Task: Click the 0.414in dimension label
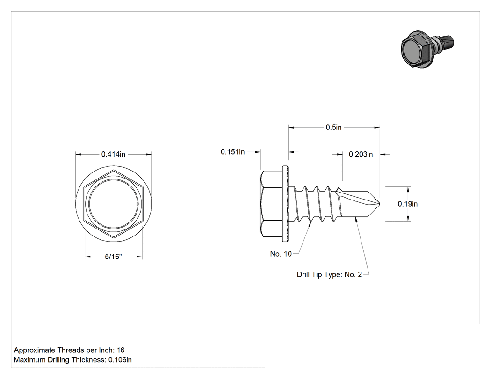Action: [x=113, y=154]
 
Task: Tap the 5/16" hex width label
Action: [x=113, y=257]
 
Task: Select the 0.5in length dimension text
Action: [x=333, y=128]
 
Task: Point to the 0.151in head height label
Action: [x=233, y=152]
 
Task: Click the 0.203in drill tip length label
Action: [x=361, y=154]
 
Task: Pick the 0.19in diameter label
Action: [x=407, y=204]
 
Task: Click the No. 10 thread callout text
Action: [x=281, y=254]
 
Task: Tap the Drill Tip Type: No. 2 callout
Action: [x=329, y=274]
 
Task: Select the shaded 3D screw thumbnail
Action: [x=427, y=49]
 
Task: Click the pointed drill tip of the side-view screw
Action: [x=379, y=204]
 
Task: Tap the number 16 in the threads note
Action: [x=121, y=350]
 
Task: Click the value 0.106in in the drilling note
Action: [x=120, y=360]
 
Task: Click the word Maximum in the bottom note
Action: [x=30, y=360]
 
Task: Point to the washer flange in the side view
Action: [x=285, y=204]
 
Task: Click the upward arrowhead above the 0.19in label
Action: [x=408, y=190]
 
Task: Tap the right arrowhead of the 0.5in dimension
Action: [x=377, y=128]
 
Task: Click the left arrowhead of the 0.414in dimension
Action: [x=79, y=154]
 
